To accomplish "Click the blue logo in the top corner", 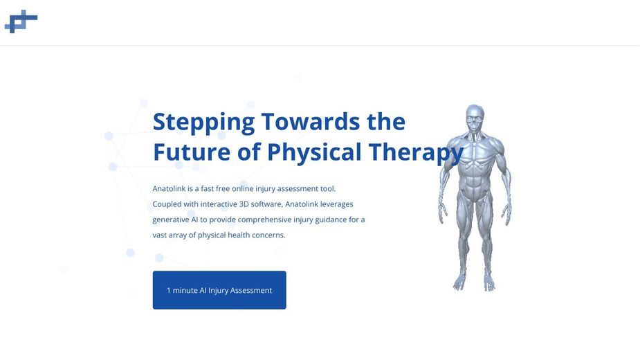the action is point(21,21).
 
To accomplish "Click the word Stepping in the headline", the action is point(203,123).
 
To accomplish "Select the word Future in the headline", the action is point(192,152).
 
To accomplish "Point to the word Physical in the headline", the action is point(314,153).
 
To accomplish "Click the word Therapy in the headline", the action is point(416,153).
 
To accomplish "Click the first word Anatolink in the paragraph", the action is point(169,189).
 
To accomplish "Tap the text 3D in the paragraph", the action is point(244,204).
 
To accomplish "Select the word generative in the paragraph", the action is point(171,220).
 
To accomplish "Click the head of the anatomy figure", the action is point(475,118).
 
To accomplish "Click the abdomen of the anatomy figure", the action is point(473,183).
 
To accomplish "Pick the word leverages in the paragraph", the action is point(336,204).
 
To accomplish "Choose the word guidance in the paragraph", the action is point(331,220).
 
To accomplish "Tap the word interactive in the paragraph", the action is point(219,204).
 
